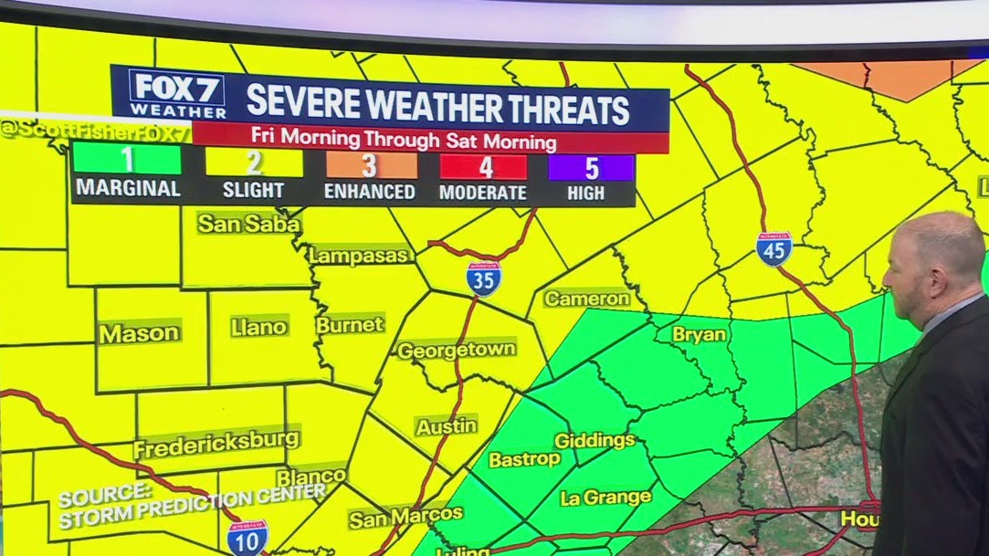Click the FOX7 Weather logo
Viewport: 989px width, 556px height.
click(177, 93)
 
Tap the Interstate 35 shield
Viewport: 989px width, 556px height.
click(483, 278)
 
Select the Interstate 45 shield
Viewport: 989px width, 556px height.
click(773, 248)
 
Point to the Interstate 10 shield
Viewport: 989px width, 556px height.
click(247, 537)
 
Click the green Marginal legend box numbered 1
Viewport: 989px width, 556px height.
click(126, 163)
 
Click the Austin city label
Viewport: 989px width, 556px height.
click(446, 425)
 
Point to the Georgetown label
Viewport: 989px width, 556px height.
click(457, 350)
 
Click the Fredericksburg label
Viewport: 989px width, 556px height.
click(216, 444)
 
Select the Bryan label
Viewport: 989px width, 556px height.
click(700, 334)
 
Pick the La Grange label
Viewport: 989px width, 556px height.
click(605, 498)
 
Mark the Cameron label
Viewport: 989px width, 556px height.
click(586, 299)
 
